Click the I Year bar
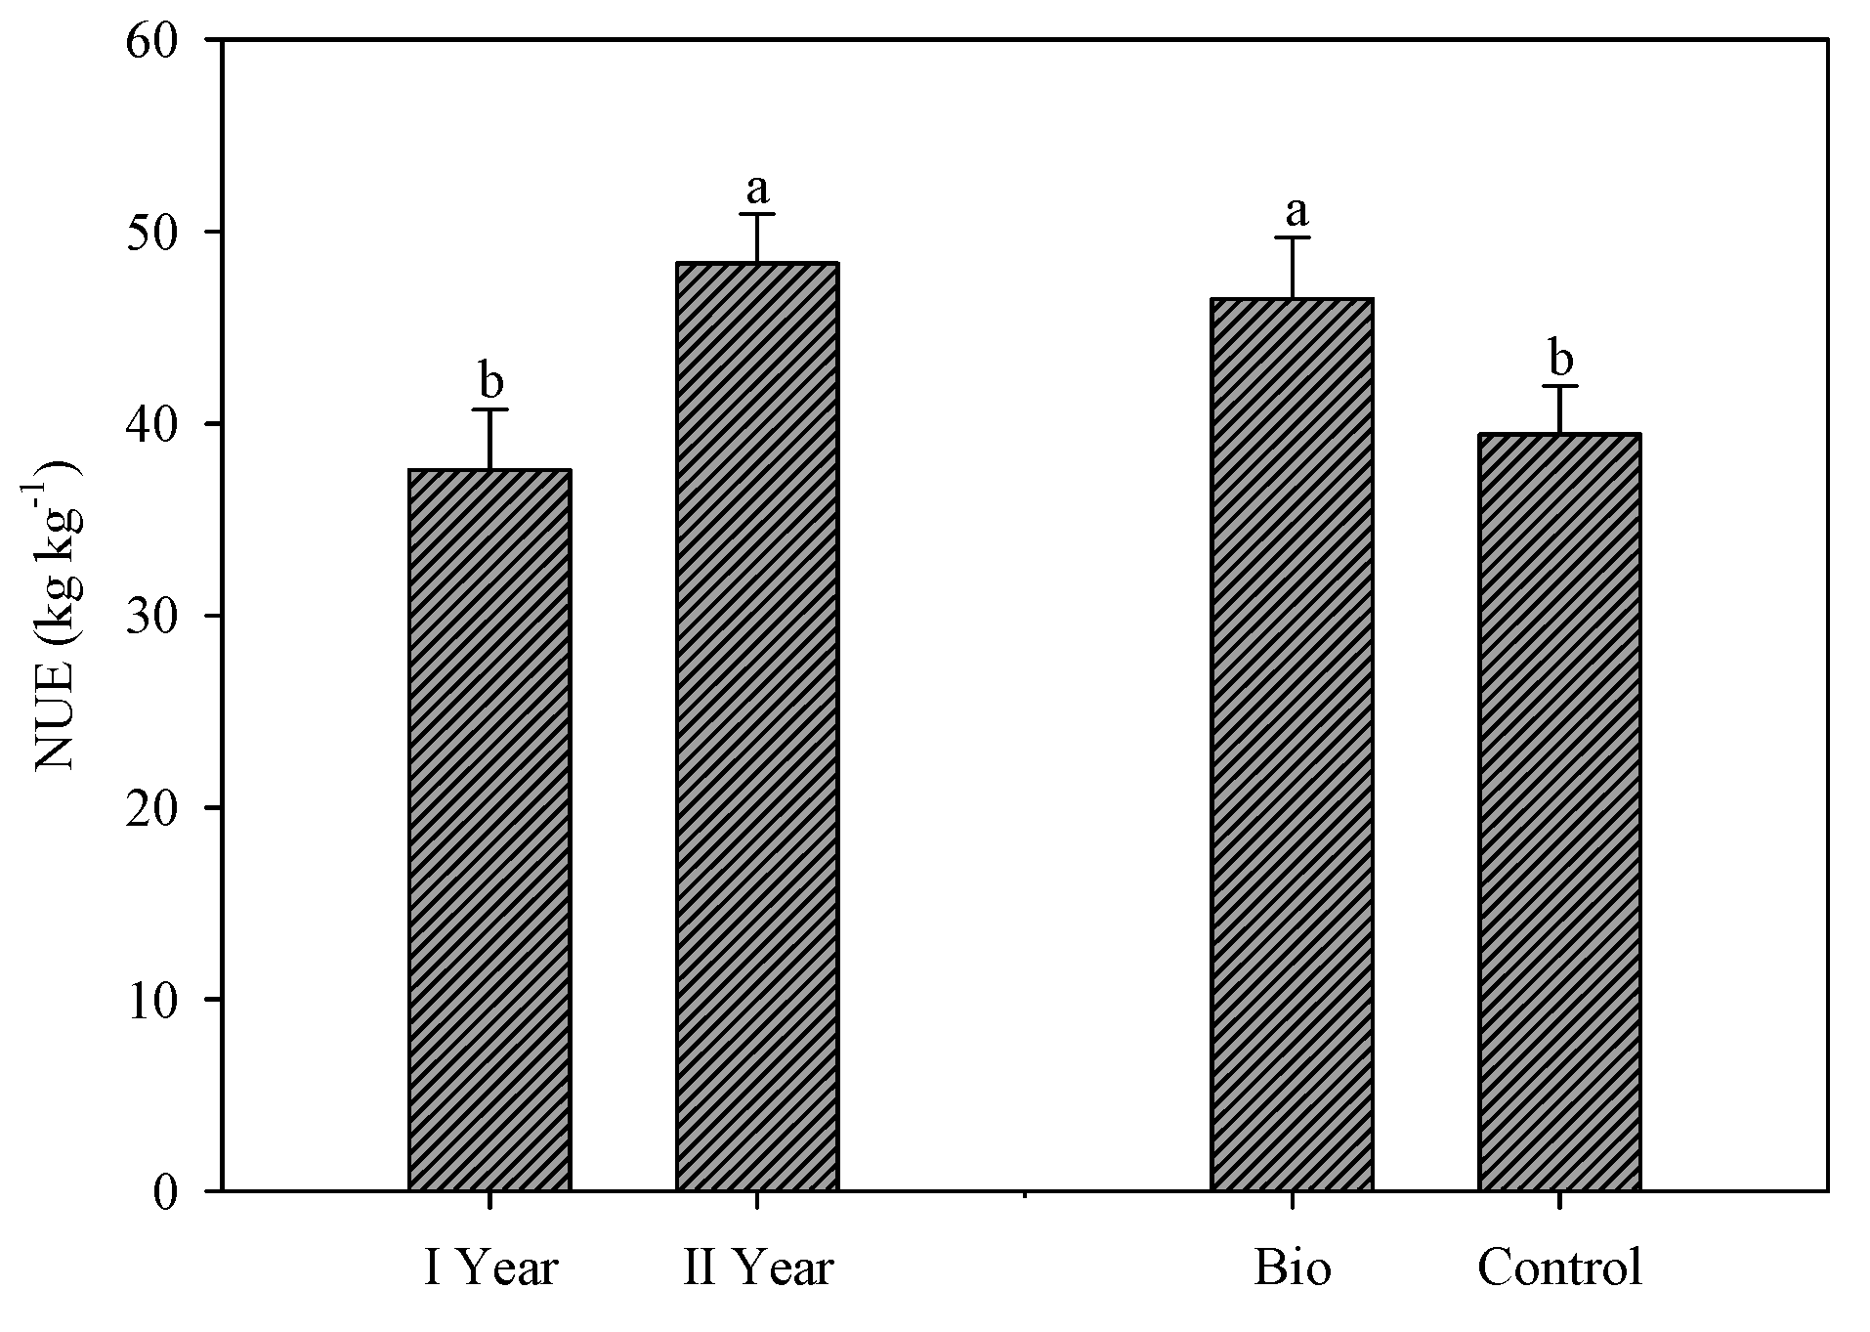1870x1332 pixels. tap(489, 831)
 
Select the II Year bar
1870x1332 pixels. tap(757, 727)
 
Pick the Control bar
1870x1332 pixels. tap(1559, 812)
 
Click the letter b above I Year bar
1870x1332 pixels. tap(490, 379)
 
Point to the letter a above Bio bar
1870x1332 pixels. tap(1296, 209)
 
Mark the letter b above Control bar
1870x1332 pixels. tap(1561, 360)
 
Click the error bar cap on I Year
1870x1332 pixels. tap(489, 409)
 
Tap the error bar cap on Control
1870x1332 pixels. tap(1559, 387)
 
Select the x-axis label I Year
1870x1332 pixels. tap(490, 1268)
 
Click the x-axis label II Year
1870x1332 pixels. tap(758, 1268)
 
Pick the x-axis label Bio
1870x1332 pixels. tap(1292, 1268)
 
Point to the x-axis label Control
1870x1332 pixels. tap(1559, 1268)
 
